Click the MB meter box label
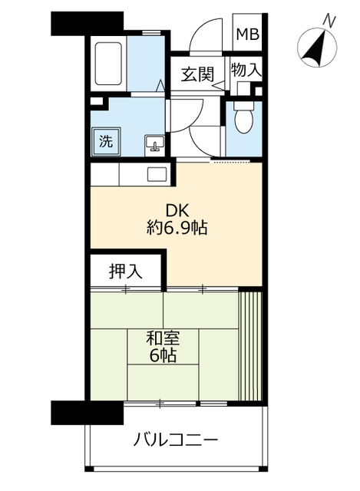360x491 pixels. coord(247,34)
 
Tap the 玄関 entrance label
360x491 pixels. coord(197,74)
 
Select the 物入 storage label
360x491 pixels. coord(246,70)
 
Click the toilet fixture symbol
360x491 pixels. coord(243,119)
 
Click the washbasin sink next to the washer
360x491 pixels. coord(154,143)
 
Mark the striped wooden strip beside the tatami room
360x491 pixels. coord(251,345)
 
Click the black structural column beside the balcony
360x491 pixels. coord(86,412)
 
